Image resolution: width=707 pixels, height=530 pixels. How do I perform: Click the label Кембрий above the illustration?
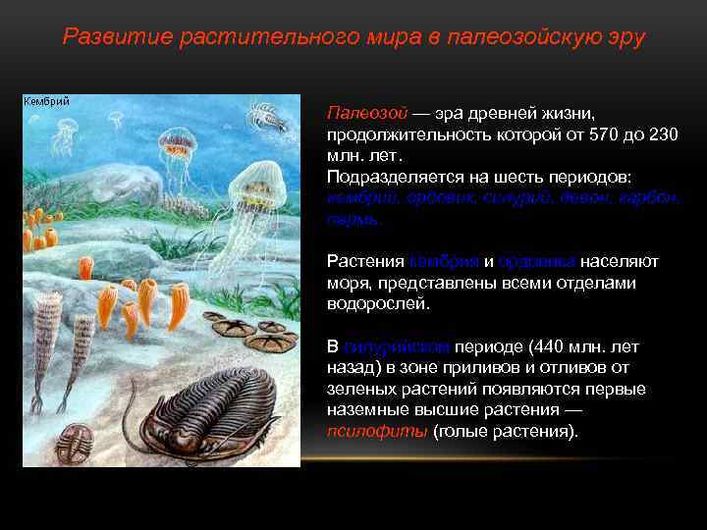45,102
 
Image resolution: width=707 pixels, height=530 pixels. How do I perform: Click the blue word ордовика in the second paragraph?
536,262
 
